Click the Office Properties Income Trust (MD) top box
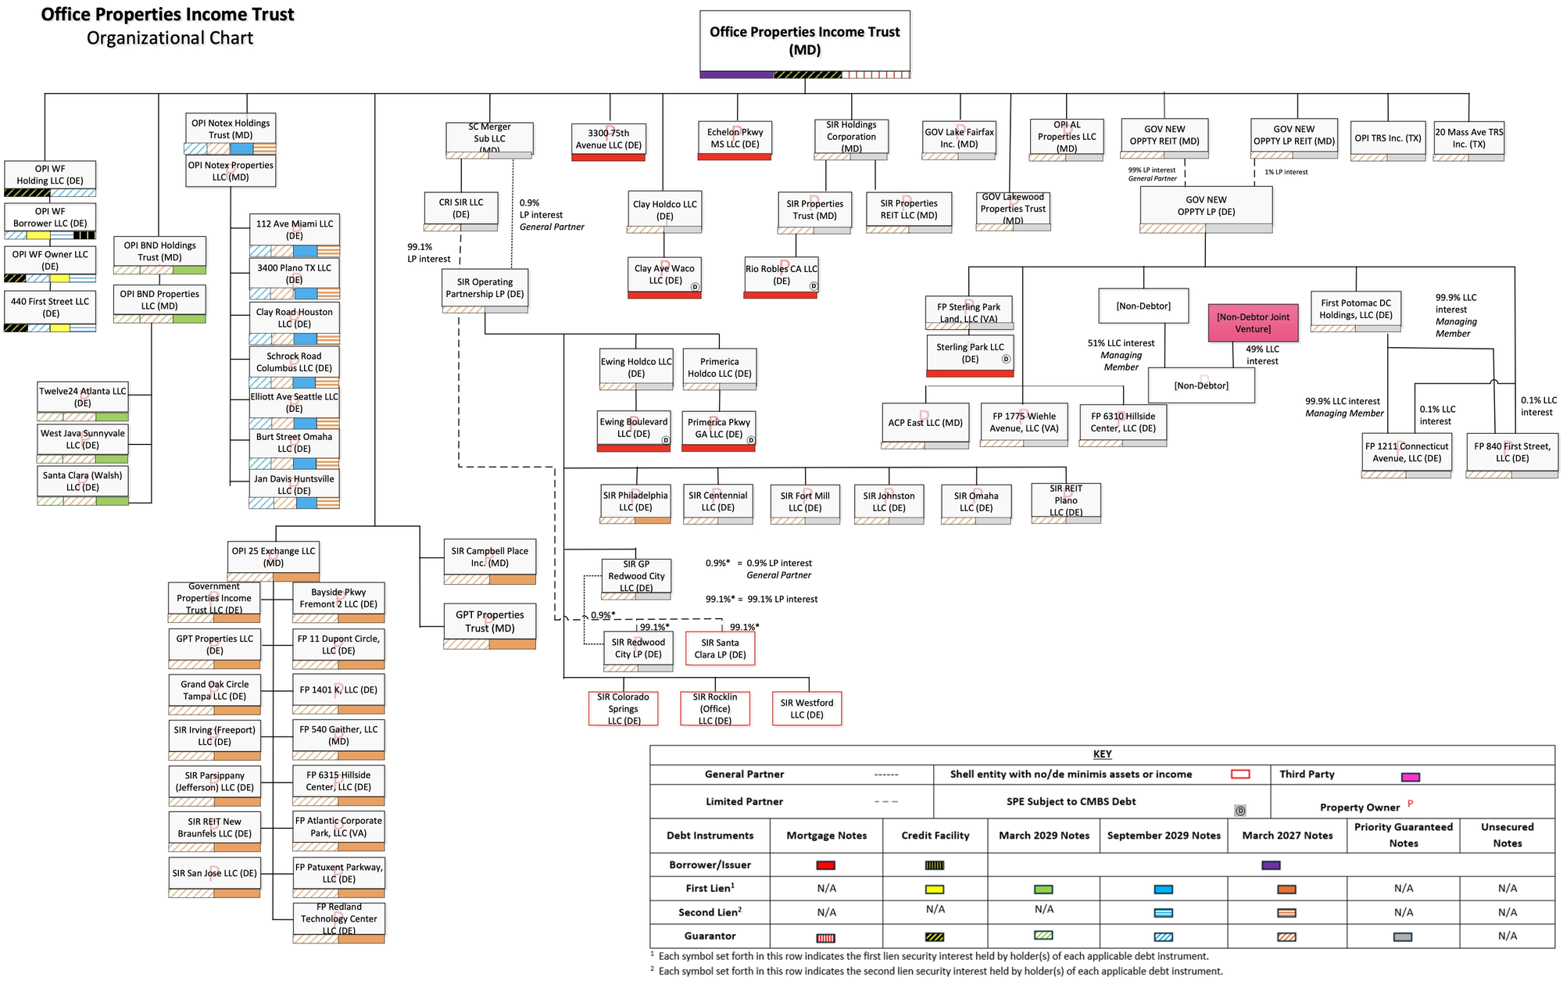point(804,41)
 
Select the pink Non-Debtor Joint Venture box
point(1253,323)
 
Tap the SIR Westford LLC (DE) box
point(807,708)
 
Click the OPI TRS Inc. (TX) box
point(1387,138)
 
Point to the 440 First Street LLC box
point(50,307)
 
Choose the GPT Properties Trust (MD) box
point(489,621)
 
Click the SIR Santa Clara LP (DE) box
point(720,648)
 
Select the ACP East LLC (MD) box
point(925,422)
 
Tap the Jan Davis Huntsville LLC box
point(294,485)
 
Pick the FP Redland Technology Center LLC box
point(338,918)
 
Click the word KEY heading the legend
point(1102,754)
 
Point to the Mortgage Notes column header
point(826,836)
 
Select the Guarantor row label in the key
point(710,936)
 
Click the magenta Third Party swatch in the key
point(1410,777)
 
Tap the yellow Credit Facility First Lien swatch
point(934,890)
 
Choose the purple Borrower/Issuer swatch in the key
point(1271,865)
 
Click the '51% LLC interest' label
point(1121,343)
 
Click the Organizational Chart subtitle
point(170,38)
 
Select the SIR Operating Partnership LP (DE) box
point(485,288)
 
